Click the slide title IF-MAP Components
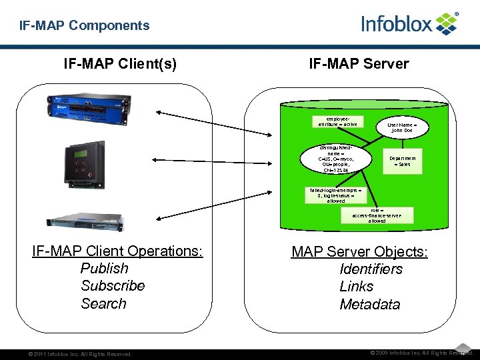[84, 26]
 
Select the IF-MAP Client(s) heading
[120, 64]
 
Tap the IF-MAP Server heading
[359, 64]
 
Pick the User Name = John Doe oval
[402, 127]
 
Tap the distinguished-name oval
[336, 159]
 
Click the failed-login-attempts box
[336, 195]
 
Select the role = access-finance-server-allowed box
[377, 215]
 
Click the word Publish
[104, 269]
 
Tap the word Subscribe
[113, 286]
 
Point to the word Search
[103, 304]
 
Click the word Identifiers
[371, 269]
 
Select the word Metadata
[369, 305]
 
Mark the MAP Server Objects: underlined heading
[359, 252]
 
